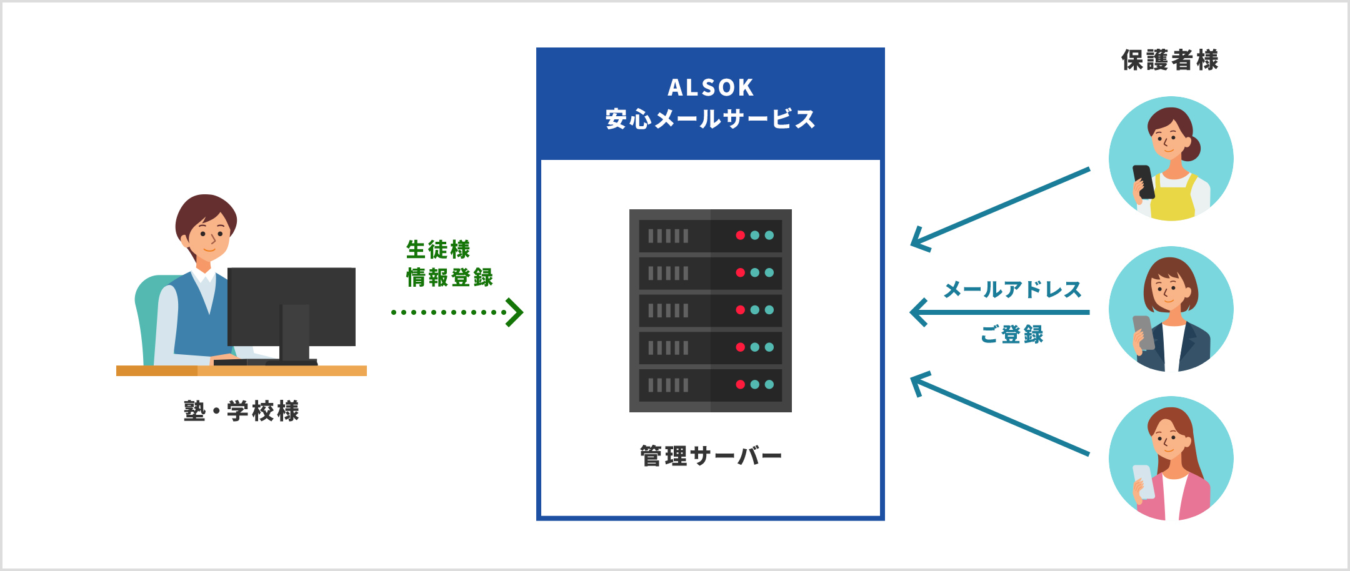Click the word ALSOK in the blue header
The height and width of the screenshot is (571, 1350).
click(x=711, y=87)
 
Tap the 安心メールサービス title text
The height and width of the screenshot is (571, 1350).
click(x=711, y=119)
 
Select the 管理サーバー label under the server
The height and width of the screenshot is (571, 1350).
click(x=711, y=456)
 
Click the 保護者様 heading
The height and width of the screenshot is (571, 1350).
click(x=1170, y=60)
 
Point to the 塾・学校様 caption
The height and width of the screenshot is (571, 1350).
click(x=242, y=411)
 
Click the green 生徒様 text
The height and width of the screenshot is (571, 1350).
click(x=438, y=249)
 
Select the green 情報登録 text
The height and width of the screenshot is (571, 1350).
click(x=449, y=277)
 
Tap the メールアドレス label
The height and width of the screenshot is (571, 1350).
click(x=1012, y=289)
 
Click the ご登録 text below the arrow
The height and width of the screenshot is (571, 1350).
click(x=1012, y=334)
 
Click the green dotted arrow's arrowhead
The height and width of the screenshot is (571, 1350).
click(x=515, y=312)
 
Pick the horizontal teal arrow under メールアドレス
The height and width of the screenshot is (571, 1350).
click(x=1000, y=312)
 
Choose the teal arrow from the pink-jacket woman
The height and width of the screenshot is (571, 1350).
click(x=1000, y=416)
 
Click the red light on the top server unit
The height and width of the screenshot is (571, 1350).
click(x=740, y=236)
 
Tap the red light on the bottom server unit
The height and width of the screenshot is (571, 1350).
click(x=740, y=384)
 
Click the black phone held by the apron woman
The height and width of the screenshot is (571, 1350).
click(x=1143, y=181)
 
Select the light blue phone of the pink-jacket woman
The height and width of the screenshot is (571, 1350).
click(x=1143, y=482)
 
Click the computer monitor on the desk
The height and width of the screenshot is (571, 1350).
click(x=292, y=306)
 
